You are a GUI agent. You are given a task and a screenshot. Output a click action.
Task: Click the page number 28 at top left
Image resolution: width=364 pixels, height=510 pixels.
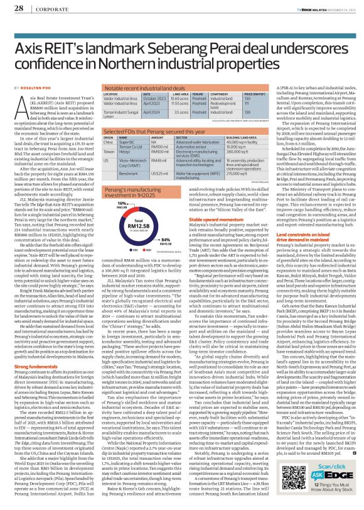(13, 8)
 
